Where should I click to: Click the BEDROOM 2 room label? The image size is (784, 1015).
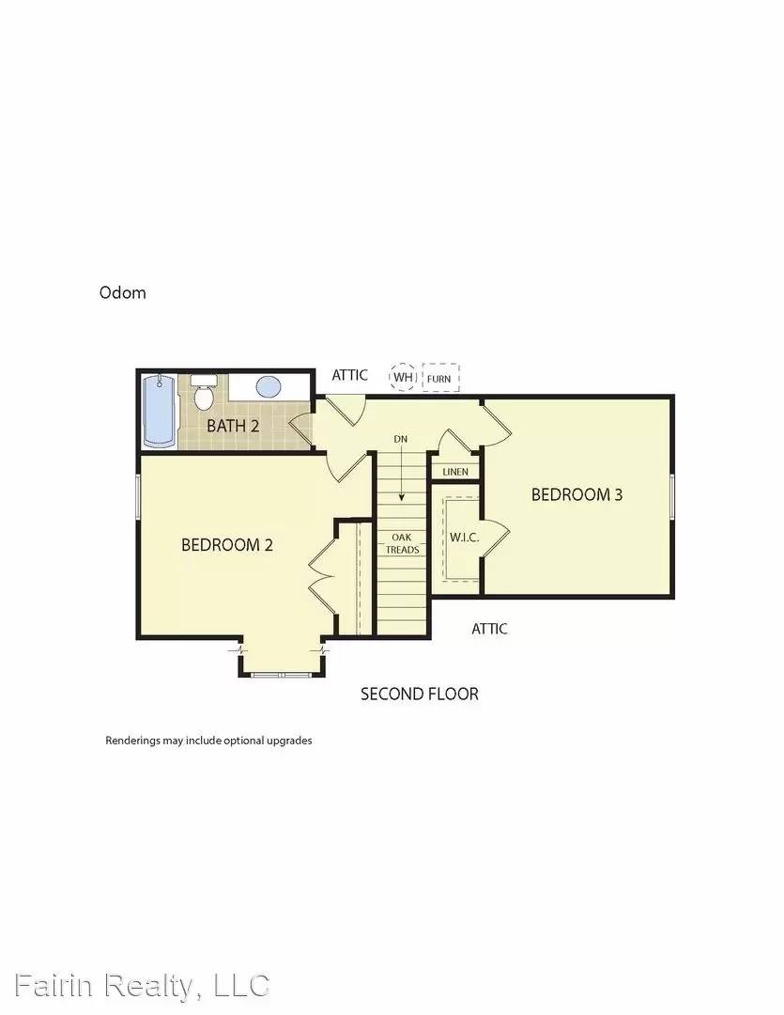coord(227,544)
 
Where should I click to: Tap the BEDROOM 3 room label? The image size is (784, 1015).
coord(576,494)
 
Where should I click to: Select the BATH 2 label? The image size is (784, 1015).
coord(233,426)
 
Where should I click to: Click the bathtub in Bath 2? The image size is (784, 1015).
coord(158,412)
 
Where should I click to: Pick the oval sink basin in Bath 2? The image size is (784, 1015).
coord(269,386)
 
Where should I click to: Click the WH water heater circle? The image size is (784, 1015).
coord(404,378)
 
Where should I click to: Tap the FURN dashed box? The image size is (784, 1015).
coord(440,378)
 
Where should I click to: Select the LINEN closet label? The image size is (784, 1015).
coord(455,471)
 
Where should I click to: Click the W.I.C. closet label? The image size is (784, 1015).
coord(465,538)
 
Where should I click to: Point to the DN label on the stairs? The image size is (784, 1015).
coord(401,439)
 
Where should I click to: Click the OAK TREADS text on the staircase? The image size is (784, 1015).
coord(404,543)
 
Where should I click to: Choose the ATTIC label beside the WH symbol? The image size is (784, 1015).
coord(350,375)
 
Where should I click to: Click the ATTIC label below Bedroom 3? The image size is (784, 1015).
coord(489,629)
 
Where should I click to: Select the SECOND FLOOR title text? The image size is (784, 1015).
coord(420,695)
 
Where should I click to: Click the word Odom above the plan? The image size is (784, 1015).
coord(123,292)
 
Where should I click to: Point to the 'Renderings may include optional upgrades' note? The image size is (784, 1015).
coord(208,741)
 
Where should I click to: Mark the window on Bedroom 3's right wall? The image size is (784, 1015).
coord(672,495)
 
